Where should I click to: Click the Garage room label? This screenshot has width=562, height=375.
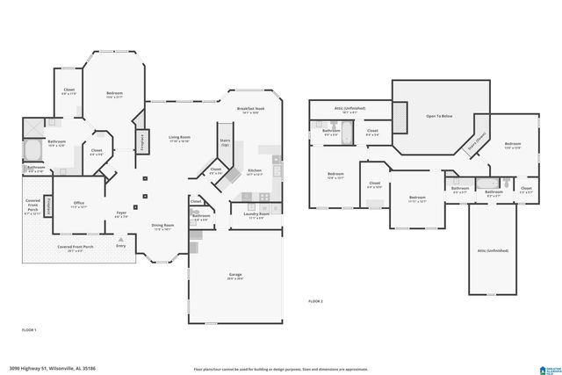point(235,277)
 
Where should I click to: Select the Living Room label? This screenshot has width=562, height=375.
point(180,139)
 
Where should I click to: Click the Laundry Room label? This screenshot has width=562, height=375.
point(257,215)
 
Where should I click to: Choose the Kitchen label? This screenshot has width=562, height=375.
point(255,172)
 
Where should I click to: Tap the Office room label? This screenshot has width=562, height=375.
point(79,204)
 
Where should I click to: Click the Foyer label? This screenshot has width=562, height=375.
point(121,213)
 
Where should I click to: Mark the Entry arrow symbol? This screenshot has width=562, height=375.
point(121,239)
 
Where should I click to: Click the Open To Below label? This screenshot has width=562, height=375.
point(439,116)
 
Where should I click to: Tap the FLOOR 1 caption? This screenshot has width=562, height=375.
point(29,328)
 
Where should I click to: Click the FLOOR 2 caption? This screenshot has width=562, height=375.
point(315,301)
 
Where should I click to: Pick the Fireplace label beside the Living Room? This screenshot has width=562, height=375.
point(140,141)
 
